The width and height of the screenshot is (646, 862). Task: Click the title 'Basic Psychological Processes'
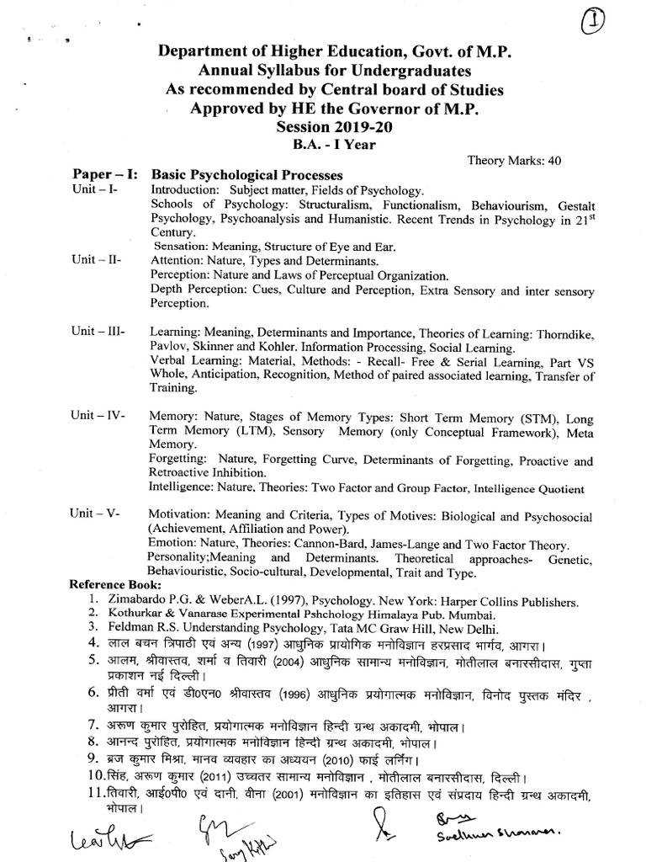pyautogui.click(x=246, y=175)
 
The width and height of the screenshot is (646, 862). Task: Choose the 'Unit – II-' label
pyautogui.click(x=97, y=260)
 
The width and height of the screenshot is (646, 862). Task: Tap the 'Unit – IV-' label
pyautogui.click(x=98, y=416)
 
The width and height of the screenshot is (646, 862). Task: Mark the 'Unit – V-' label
pyautogui.click(x=97, y=515)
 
